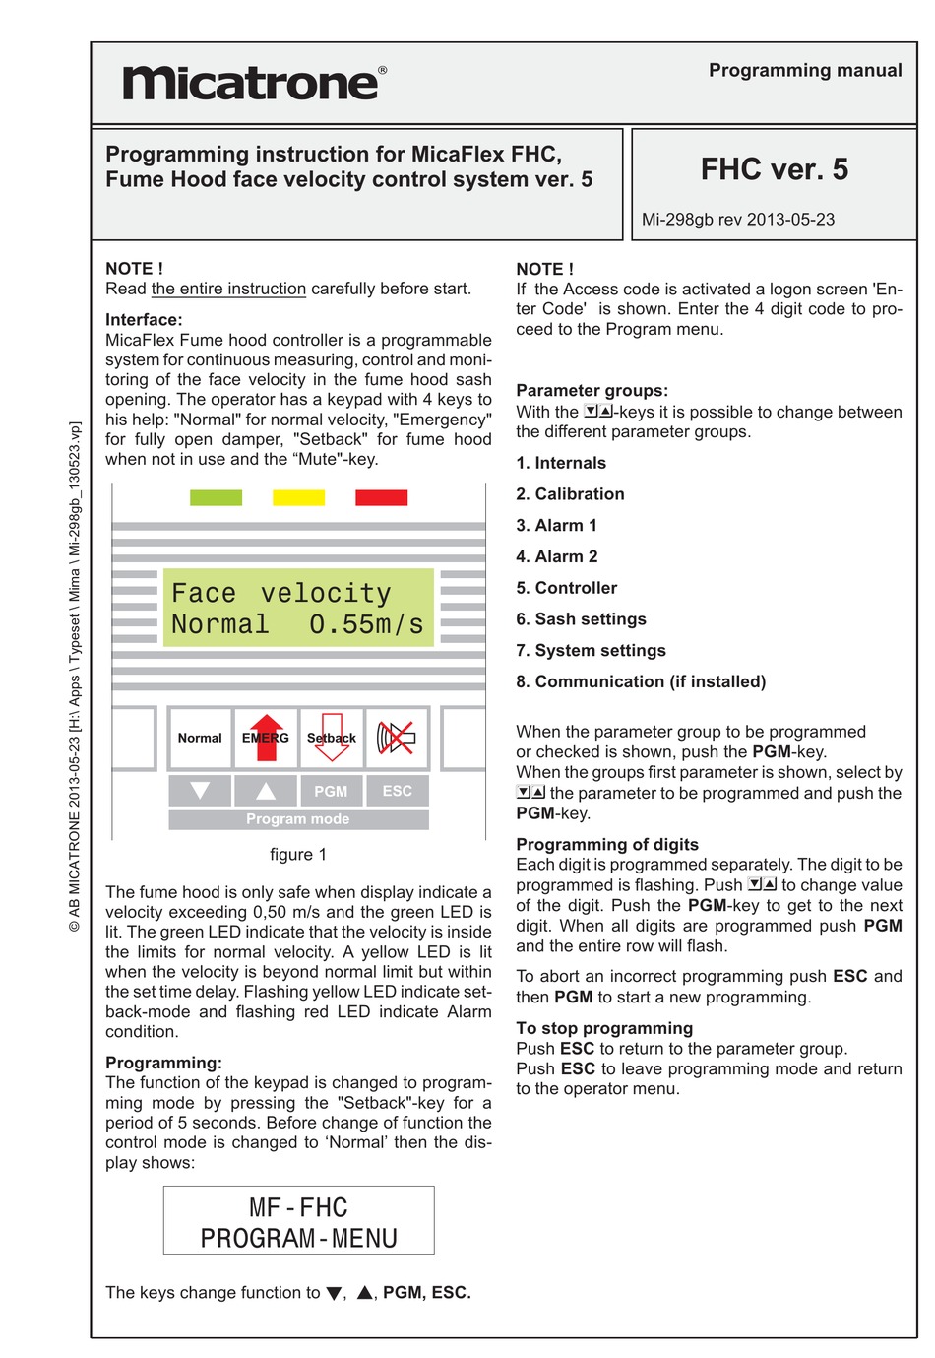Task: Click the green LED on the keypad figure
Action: point(216,497)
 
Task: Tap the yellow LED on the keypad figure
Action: point(298,497)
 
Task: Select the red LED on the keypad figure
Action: point(381,497)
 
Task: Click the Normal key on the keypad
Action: point(200,738)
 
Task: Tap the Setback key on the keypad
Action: point(332,738)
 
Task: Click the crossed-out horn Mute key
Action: point(397,738)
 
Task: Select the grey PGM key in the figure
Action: point(331,791)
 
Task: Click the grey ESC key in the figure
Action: point(397,791)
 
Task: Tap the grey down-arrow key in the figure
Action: point(200,791)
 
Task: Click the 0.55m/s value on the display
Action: point(365,624)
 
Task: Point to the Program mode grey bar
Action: point(298,819)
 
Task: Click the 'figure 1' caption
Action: point(298,855)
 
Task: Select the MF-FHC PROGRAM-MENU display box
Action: point(298,1221)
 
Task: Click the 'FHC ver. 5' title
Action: point(774,169)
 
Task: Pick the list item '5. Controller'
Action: point(566,588)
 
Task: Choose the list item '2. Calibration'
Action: point(570,494)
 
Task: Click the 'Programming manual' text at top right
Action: point(804,70)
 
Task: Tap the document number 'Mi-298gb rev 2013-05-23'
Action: point(737,220)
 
